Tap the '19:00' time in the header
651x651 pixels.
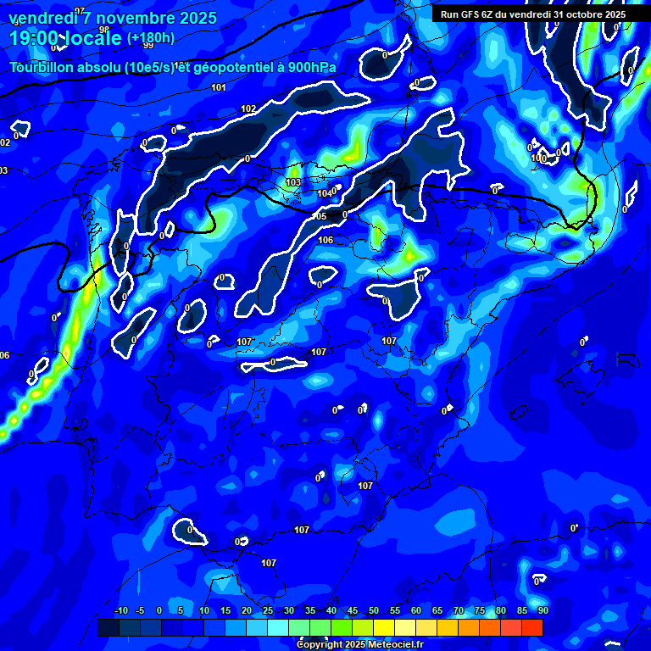(x=31, y=38)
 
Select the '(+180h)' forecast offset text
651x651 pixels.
(x=150, y=38)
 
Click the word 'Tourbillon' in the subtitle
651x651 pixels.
(x=42, y=68)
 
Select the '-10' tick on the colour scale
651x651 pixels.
(x=120, y=611)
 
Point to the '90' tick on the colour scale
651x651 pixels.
(x=542, y=611)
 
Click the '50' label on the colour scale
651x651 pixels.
(x=374, y=611)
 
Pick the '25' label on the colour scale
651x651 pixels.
(x=268, y=611)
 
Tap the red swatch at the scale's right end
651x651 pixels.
(x=532, y=627)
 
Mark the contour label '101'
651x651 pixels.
(x=219, y=88)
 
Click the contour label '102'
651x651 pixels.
(x=248, y=109)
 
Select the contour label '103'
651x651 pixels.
(x=293, y=182)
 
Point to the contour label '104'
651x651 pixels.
(x=325, y=194)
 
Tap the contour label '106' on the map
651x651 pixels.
(x=325, y=241)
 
